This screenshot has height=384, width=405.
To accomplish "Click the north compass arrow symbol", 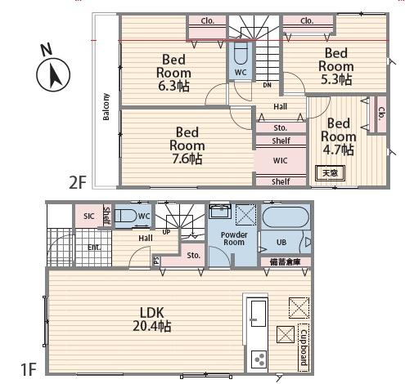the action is point(53,74).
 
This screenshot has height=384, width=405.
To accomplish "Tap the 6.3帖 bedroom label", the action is point(173,73).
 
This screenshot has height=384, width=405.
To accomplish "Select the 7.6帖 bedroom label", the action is point(187,145).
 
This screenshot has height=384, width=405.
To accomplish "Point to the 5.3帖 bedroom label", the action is point(336,66).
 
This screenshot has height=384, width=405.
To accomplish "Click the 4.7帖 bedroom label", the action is point(338,136).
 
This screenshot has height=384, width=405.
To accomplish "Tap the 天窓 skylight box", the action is point(330,173).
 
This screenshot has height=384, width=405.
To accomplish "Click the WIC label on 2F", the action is point(281,160).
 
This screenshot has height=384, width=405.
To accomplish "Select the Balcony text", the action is point(106,106).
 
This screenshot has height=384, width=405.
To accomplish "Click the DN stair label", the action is point(268,85).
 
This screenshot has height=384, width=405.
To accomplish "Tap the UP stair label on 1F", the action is point(166,232).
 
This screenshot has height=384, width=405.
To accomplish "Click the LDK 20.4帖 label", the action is point(152,319).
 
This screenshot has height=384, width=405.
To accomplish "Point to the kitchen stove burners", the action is point(259,359).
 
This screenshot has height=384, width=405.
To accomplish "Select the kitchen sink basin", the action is point(259,314).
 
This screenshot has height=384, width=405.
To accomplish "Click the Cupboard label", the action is point(304,347).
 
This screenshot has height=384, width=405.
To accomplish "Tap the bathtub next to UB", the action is point(286,217).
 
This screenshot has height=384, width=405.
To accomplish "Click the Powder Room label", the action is point(234,239).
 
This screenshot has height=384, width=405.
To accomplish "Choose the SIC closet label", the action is point(89,217).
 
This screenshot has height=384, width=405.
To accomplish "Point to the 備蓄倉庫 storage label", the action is point(286,262).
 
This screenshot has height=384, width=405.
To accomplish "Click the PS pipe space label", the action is point(156,261).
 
